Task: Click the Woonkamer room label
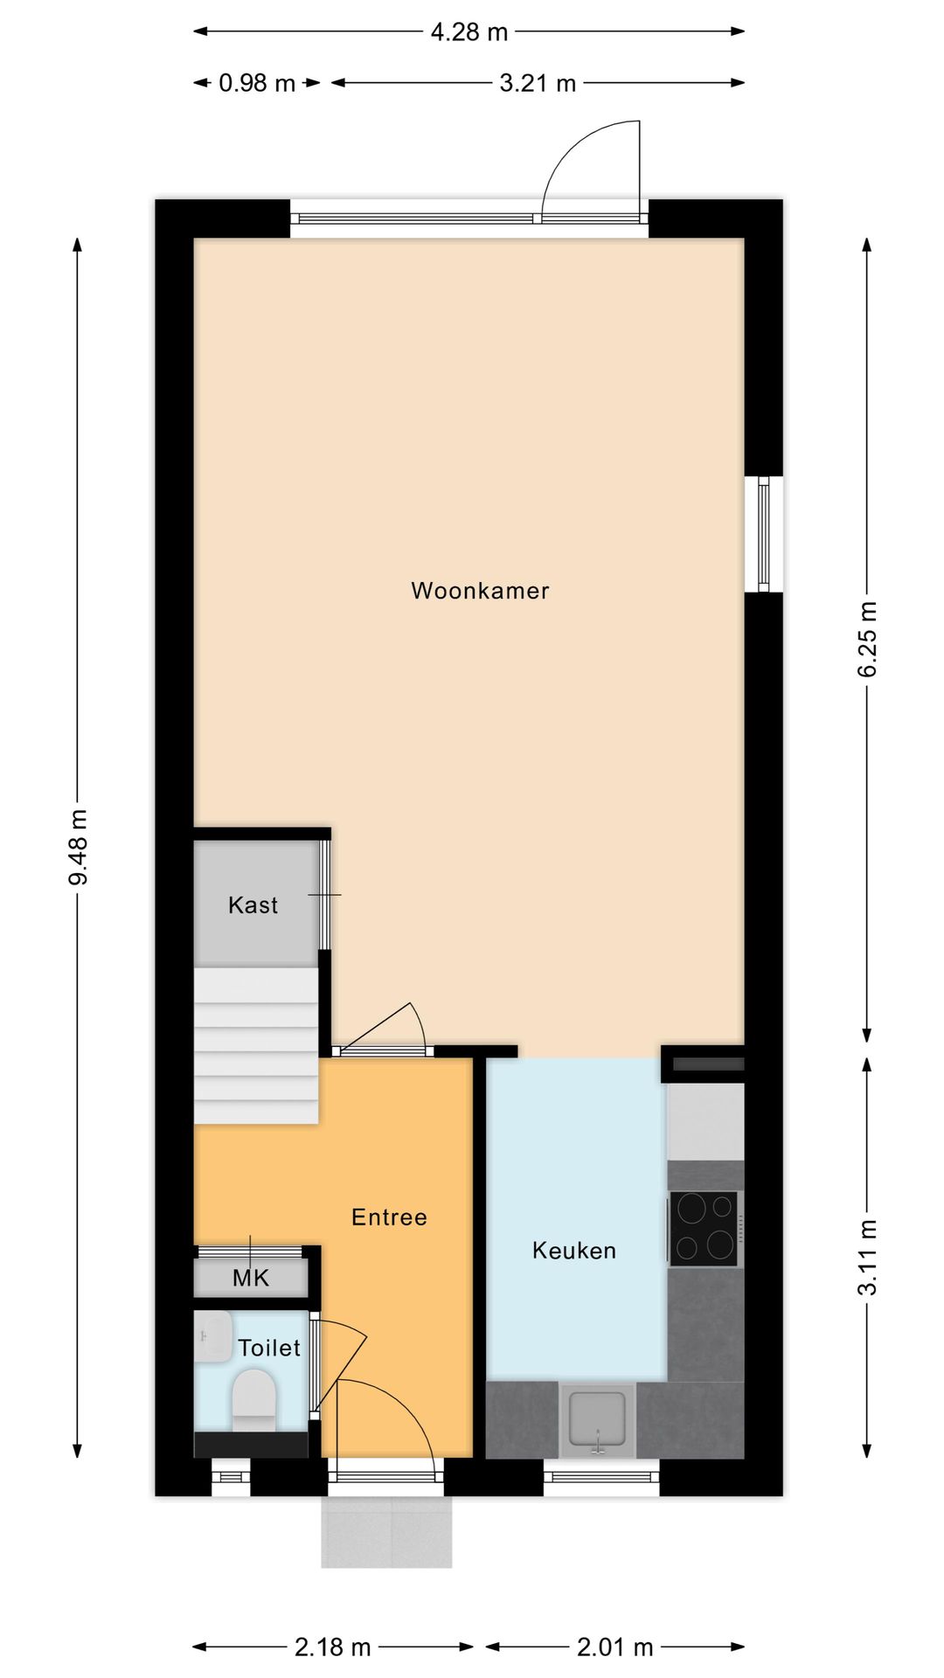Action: (480, 591)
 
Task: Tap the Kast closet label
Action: (253, 905)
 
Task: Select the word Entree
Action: (389, 1217)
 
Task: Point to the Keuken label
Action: (573, 1251)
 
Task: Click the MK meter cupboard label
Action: (251, 1279)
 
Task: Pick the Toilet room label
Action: (269, 1348)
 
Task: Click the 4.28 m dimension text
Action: (469, 32)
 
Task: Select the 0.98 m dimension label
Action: (257, 84)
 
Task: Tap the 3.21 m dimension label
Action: (538, 84)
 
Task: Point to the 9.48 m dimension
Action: (79, 847)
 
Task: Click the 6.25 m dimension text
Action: (867, 639)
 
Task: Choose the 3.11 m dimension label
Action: (867, 1257)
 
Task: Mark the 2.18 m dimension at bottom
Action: (332, 1647)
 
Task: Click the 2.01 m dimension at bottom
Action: (614, 1647)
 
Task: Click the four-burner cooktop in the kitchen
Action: (705, 1228)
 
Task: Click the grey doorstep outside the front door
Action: (386, 1532)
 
